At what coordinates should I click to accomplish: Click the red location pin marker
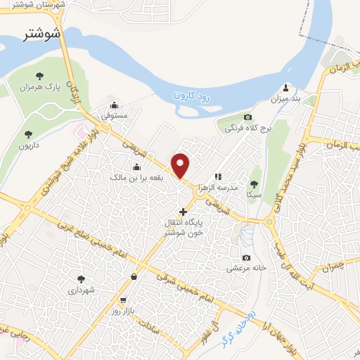(181, 165)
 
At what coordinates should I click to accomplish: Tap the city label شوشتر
(42, 33)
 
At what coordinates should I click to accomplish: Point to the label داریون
(30, 145)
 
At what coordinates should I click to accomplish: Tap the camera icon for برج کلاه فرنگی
(247, 117)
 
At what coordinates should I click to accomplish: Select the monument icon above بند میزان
(286, 88)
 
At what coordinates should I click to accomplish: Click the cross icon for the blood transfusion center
(183, 211)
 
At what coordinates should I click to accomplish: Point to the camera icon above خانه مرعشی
(245, 257)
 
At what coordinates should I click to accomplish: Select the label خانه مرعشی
(245, 269)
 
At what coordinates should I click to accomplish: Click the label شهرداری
(81, 290)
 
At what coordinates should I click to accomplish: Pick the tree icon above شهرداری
(81, 278)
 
